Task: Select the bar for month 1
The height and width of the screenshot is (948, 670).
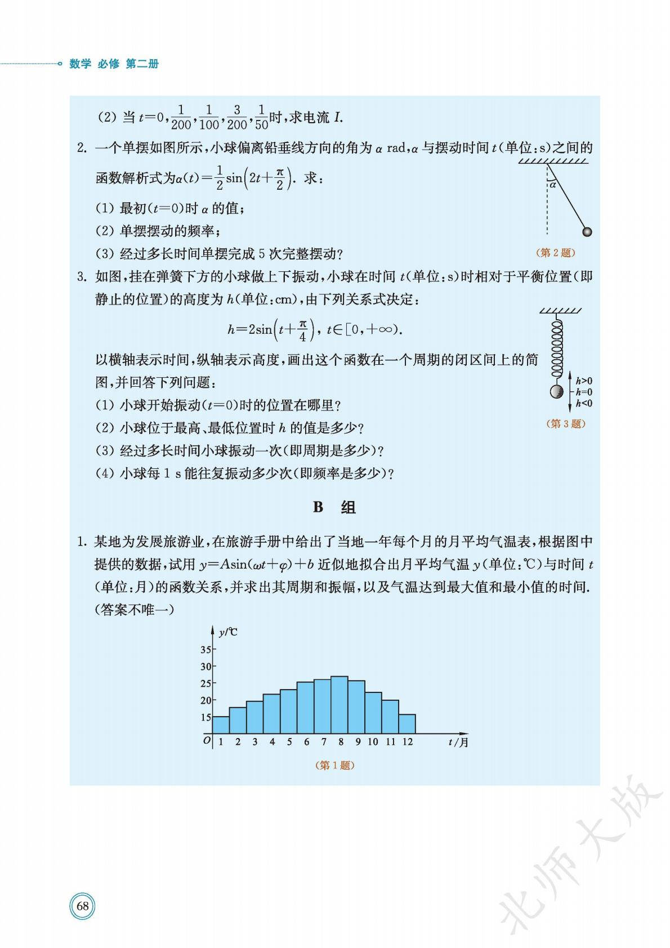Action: coord(221,725)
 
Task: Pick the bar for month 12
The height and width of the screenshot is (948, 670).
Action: coord(407,724)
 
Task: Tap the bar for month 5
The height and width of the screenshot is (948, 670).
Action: coord(288,712)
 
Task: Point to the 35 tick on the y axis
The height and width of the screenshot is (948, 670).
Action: coord(206,650)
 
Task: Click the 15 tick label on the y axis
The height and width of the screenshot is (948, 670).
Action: coord(206,717)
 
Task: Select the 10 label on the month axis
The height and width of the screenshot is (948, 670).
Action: coord(373,742)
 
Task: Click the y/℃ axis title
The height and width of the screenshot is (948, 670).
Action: coord(227,632)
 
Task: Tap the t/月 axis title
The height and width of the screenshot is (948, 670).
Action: coord(458,743)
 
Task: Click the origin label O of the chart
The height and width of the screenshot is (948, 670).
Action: coord(207,740)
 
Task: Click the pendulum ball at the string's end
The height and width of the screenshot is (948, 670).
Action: coord(587,232)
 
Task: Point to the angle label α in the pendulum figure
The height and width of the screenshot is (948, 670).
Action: coord(553,184)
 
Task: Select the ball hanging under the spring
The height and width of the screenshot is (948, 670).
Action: coord(556,392)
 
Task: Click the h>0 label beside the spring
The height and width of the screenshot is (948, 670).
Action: coord(584,381)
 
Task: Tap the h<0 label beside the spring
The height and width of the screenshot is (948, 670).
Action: coord(584,403)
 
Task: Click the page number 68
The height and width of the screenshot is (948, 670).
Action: coord(82,906)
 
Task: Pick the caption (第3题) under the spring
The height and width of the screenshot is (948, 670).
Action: coord(566,424)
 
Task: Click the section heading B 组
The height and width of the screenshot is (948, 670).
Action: coord(334,507)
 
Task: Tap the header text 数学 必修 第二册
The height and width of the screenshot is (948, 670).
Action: coord(114,64)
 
